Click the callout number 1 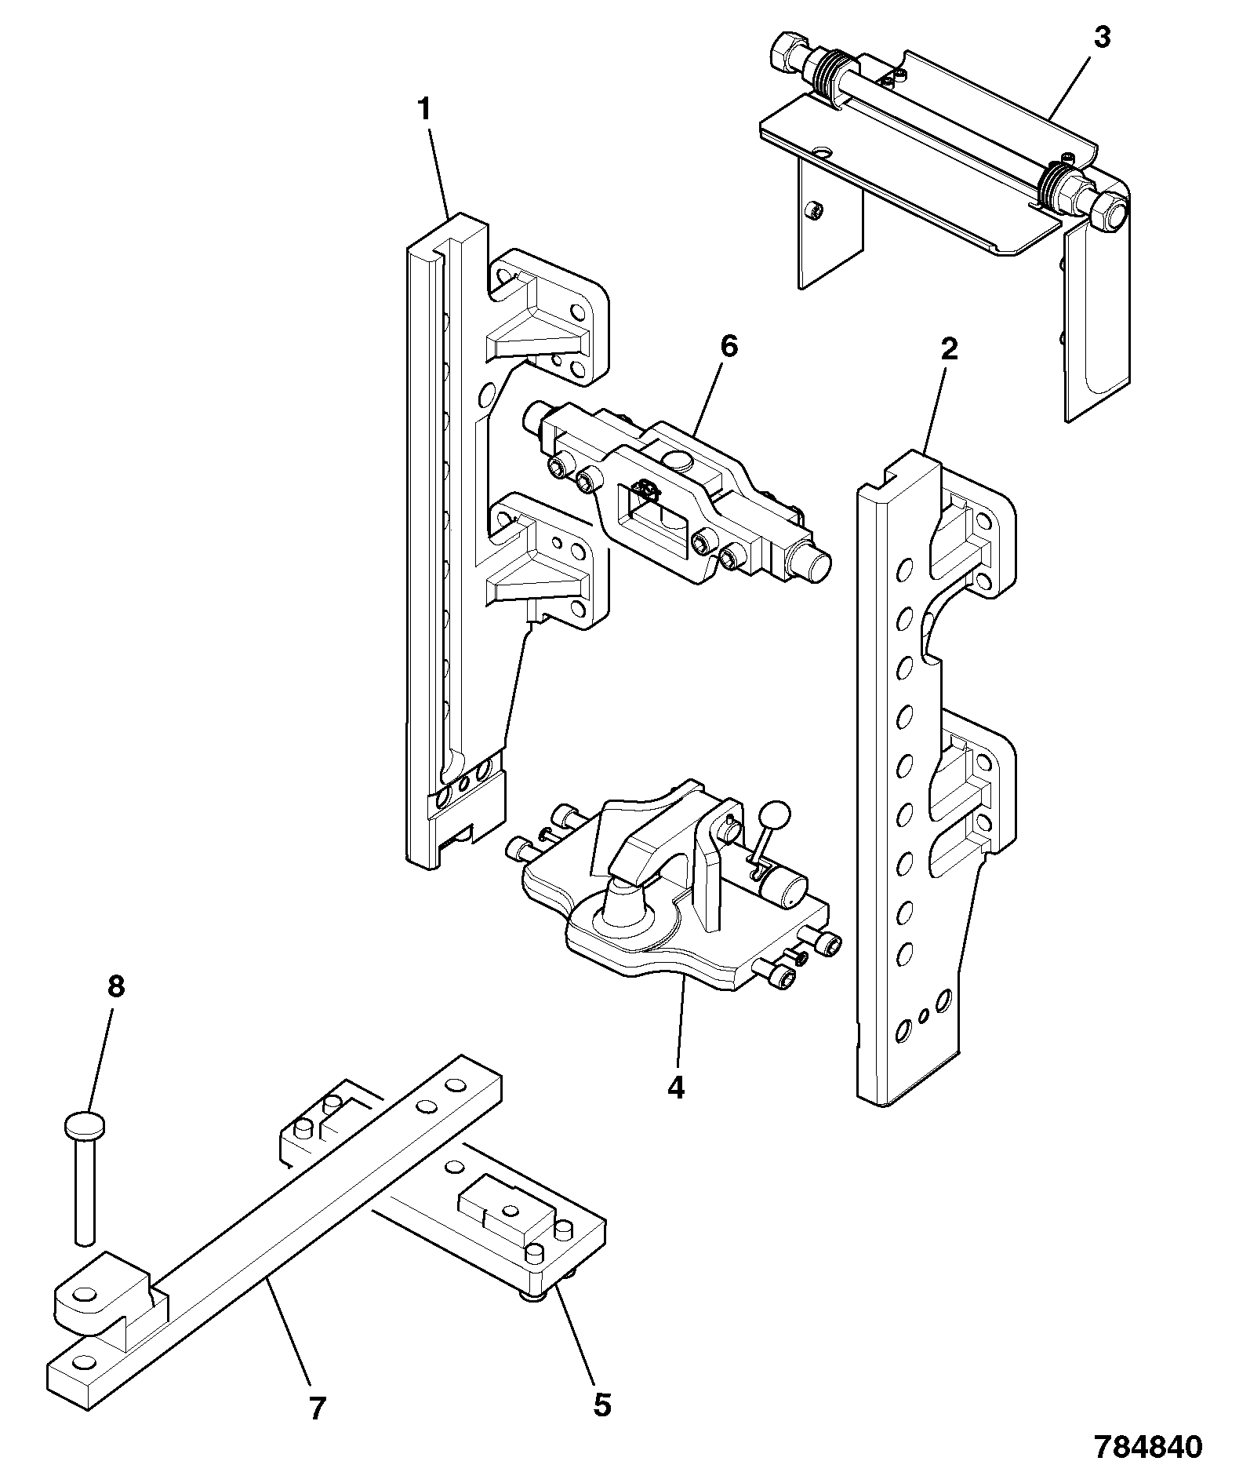pos(424,110)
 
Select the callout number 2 pos(949,349)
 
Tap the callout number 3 pos(1102,37)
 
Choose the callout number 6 pos(729,346)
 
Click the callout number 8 pos(115,986)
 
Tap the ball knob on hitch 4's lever pos(776,816)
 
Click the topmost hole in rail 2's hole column pos(905,568)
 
